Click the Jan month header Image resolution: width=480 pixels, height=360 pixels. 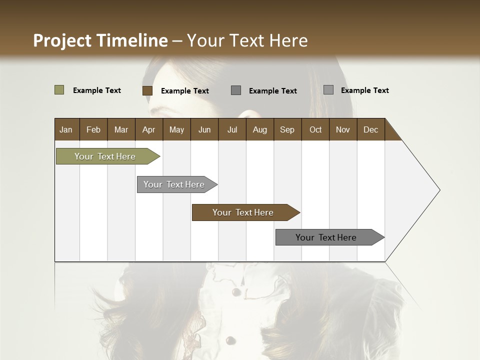click(x=66, y=129)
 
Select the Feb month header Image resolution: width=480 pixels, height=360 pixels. click(x=93, y=129)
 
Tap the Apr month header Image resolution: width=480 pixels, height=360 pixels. click(x=148, y=129)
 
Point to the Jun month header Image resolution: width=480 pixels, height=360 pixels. click(x=204, y=129)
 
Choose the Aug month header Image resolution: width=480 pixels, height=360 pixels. click(x=259, y=129)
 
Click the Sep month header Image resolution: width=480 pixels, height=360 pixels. click(x=287, y=129)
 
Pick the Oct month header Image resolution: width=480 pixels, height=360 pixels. click(x=315, y=129)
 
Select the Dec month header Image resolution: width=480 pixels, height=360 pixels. click(x=370, y=129)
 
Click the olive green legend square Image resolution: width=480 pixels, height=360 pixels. click(x=59, y=90)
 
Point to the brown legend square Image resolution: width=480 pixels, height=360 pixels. click(x=147, y=90)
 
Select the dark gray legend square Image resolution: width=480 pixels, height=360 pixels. click(x=236, y=90)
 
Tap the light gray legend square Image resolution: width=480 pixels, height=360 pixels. click(x=328, y=90)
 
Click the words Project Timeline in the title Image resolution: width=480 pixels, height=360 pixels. click(x=100, y=40)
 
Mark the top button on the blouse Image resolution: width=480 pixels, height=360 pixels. click(x=236, y=291)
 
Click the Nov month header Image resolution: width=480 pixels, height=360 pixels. click(x=342, y=129)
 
